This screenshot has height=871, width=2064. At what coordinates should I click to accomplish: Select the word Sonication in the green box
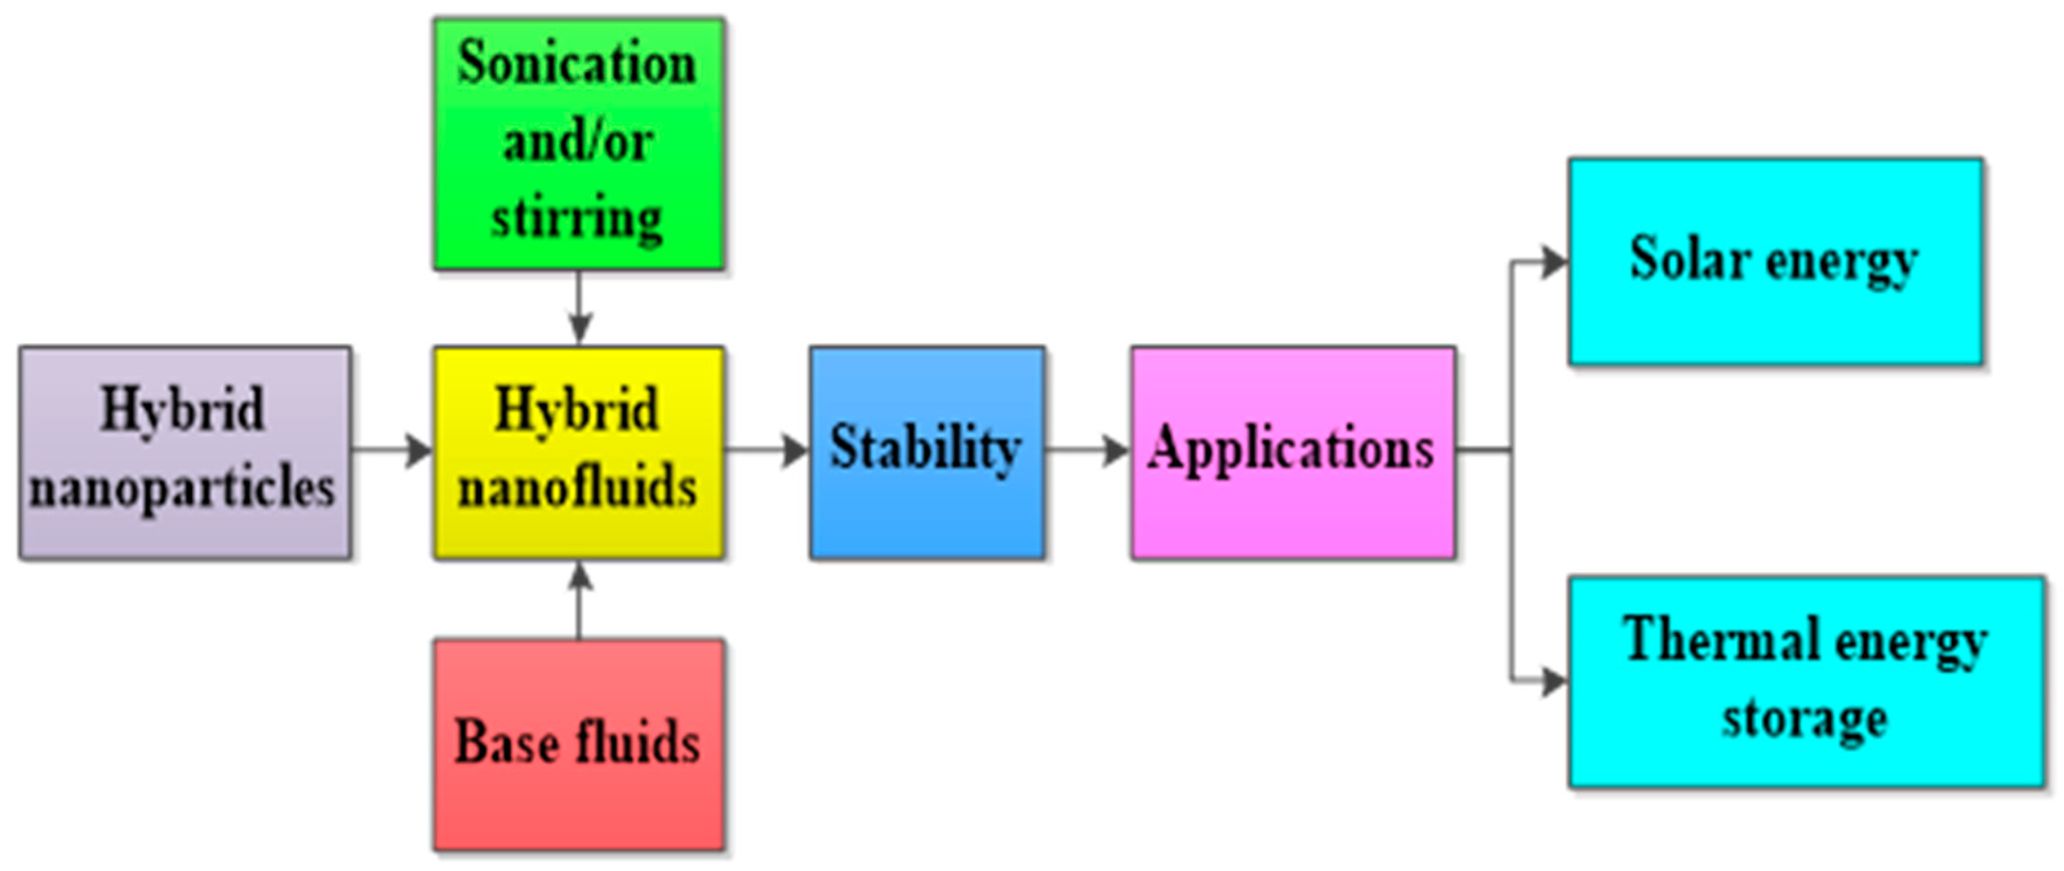click(x=577, y=64)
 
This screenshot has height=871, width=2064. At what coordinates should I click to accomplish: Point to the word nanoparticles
click(x=183, y=489)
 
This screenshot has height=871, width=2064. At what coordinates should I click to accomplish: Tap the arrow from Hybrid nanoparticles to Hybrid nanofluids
click(x=393, y=450)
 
